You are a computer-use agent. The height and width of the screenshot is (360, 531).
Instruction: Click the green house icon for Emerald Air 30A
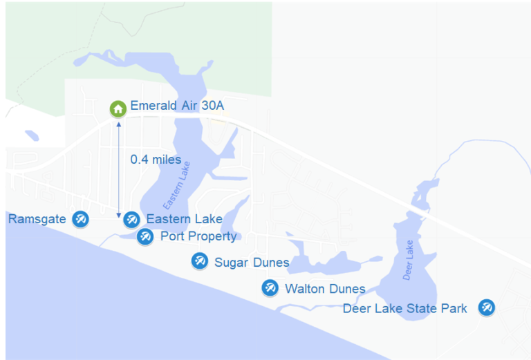tap(118, 108)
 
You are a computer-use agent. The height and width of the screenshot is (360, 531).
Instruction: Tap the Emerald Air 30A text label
tap(177, 108)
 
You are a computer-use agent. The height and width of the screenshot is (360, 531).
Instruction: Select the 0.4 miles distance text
tap(156, 160)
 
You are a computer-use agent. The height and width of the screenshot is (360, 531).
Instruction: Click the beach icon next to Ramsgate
tap(81, 219)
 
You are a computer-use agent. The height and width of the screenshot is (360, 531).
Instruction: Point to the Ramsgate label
tap(37, 219)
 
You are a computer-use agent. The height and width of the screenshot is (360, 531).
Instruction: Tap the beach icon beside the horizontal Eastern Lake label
tap(131, 220)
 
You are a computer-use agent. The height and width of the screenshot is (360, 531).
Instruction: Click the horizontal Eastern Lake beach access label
tap(184, 220)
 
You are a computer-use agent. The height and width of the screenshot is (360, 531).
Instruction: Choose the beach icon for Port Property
tap(145, 237)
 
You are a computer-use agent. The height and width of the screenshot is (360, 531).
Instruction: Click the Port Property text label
tap(198, 236)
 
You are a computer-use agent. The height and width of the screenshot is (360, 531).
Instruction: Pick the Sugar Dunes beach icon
tap(200, 260)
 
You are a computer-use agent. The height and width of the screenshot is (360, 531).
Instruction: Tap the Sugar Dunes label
tap(252, 262)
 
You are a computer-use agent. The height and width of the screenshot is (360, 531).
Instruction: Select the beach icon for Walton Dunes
tap(270, 288)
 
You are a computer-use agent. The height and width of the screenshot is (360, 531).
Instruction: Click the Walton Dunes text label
tap(325, 289)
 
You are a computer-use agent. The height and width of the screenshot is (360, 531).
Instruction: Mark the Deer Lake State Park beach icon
tap(487, 307)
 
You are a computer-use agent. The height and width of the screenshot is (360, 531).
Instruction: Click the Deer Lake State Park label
tap(405, 308)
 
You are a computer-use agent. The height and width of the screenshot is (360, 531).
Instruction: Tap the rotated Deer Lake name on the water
tap(409, 260)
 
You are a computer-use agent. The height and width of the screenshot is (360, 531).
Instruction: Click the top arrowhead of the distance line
tap(119, 124)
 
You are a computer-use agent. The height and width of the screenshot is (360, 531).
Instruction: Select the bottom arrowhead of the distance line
tap(119, 216)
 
